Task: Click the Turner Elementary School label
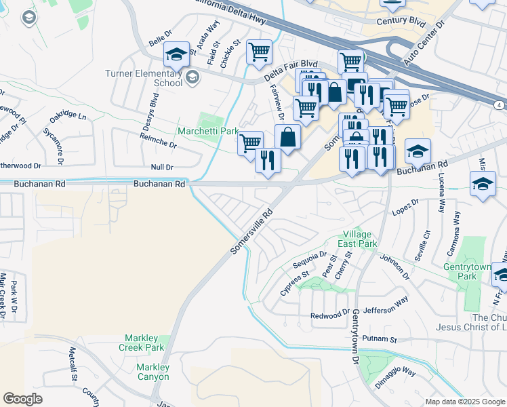(143, 78)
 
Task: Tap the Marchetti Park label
(208, 130)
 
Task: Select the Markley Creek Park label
(145, 343)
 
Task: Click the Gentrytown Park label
(476, 272)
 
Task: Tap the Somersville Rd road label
(251, 231)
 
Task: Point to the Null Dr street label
(161, 167)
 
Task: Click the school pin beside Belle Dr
(176, 54)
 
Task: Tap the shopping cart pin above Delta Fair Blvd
(259, 51)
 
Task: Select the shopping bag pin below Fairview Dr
(287, 136)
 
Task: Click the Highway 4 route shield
(498, 104)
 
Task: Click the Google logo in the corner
(22, 399)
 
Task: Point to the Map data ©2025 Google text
(464, 402)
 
